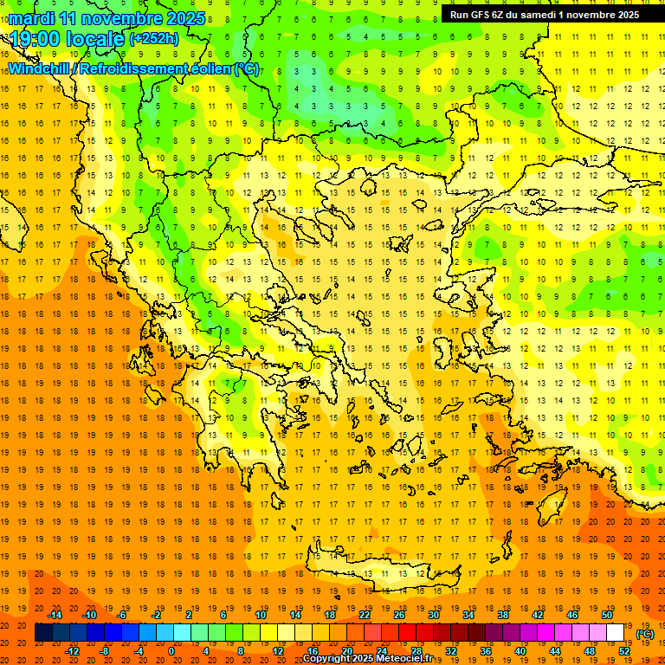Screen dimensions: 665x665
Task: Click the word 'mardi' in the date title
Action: point(31,18)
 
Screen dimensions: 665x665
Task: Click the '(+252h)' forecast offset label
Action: point(154,38)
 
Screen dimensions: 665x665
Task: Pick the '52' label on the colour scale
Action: point(624,650)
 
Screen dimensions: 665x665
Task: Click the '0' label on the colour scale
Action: point(172,650)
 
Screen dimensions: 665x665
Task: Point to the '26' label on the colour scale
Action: point(399,615)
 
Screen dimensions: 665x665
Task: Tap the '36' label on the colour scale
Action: point(486,650)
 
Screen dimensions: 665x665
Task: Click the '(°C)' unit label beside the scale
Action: point(645,634)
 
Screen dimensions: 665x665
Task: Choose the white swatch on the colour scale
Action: point(616,633)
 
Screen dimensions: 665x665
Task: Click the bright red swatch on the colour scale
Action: point(408,633)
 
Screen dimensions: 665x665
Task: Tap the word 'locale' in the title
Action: point(96,38)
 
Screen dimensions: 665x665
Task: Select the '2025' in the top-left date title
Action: point(185,18)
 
